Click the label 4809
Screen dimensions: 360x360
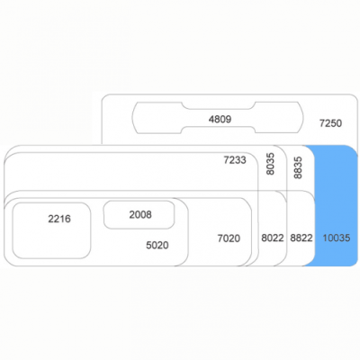pos(220,120)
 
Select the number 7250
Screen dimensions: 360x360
pos(330,123)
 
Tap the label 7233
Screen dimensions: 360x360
pos(235,160)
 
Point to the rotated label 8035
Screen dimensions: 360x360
pos(270,164)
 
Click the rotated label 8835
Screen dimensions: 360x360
pos(298,168)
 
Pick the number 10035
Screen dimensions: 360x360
pos(337,238)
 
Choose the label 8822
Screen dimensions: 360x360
pos(301,238)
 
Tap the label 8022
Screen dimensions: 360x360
pos(273,238)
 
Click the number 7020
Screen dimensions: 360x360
pos(229,238)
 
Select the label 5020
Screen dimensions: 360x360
pos(157,246)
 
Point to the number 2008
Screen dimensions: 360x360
pos(140,215)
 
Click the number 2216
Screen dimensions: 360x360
pos(59,219)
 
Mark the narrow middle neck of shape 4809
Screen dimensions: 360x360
pos(219,110)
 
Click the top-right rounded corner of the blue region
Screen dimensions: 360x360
pos(355,149)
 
